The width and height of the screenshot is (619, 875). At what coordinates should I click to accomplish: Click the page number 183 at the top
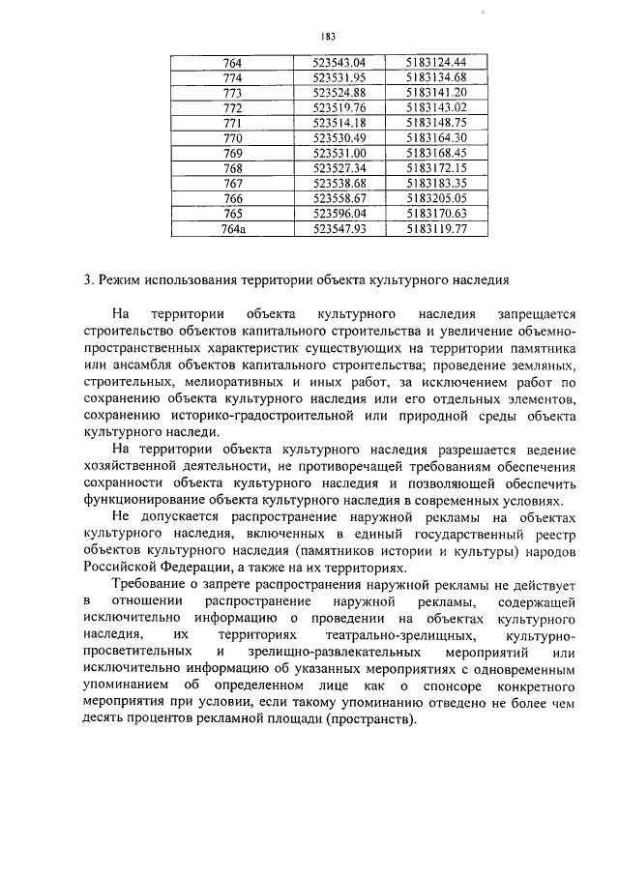(x=327, y=37)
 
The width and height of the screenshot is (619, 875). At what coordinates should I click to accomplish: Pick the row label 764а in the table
(x=233, y=229)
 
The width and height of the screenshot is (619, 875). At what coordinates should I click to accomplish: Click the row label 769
(x=232, y=154)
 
